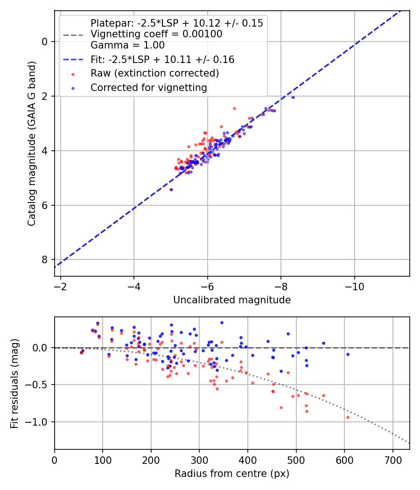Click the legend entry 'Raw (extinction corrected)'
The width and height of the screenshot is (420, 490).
(x=154, y=73)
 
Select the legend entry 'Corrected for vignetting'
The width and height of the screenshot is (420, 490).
(x=148, y=87)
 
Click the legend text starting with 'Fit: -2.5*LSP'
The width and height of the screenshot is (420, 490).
(x=162, y=60)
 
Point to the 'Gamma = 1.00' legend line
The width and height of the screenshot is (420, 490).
(x=127, y=45)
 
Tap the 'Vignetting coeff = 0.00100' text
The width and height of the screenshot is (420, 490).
(x=156, y=34)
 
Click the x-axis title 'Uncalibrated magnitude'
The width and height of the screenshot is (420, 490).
(x=232, y=300)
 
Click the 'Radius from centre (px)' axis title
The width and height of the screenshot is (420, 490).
(x=232, y=474)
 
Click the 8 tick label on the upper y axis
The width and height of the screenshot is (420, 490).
(x=45, y=259)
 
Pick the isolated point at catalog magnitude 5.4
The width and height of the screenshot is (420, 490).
(x=171, y=189)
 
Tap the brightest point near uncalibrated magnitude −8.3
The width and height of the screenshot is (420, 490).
(x=293, y=97)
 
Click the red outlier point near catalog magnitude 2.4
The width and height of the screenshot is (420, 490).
(x=234, y=108)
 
